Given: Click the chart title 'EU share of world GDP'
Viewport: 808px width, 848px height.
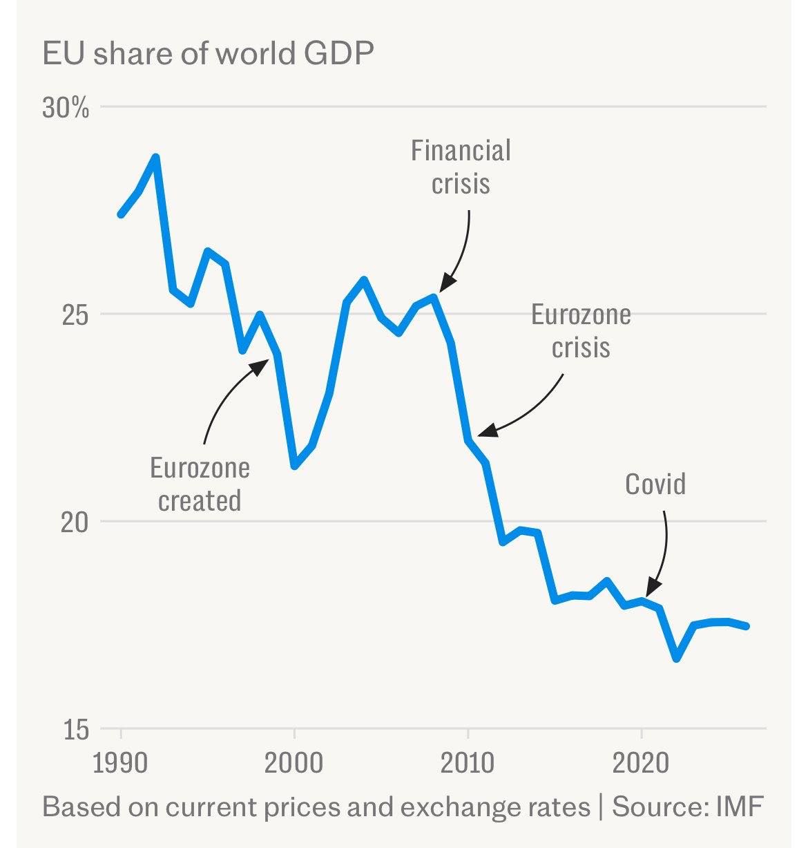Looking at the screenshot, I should [208, 54].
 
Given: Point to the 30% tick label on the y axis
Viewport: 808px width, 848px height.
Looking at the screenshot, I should [66, 109].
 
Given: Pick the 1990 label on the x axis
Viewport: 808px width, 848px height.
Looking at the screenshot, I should [122, 764].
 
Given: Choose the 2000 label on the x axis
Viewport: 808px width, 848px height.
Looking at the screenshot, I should [295, 764].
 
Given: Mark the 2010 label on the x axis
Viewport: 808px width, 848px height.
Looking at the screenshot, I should [468, 764].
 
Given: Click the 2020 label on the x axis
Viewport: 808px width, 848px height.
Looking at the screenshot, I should [642, 764].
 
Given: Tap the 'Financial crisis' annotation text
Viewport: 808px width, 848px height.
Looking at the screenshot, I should [461, 167].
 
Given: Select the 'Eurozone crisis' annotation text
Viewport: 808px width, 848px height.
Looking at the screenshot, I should [581, 330].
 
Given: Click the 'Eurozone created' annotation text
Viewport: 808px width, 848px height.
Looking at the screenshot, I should [200, 484].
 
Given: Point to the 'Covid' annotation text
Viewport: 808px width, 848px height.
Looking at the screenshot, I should [655, 484].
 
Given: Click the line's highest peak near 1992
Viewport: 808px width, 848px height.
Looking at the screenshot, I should [156, 157].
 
